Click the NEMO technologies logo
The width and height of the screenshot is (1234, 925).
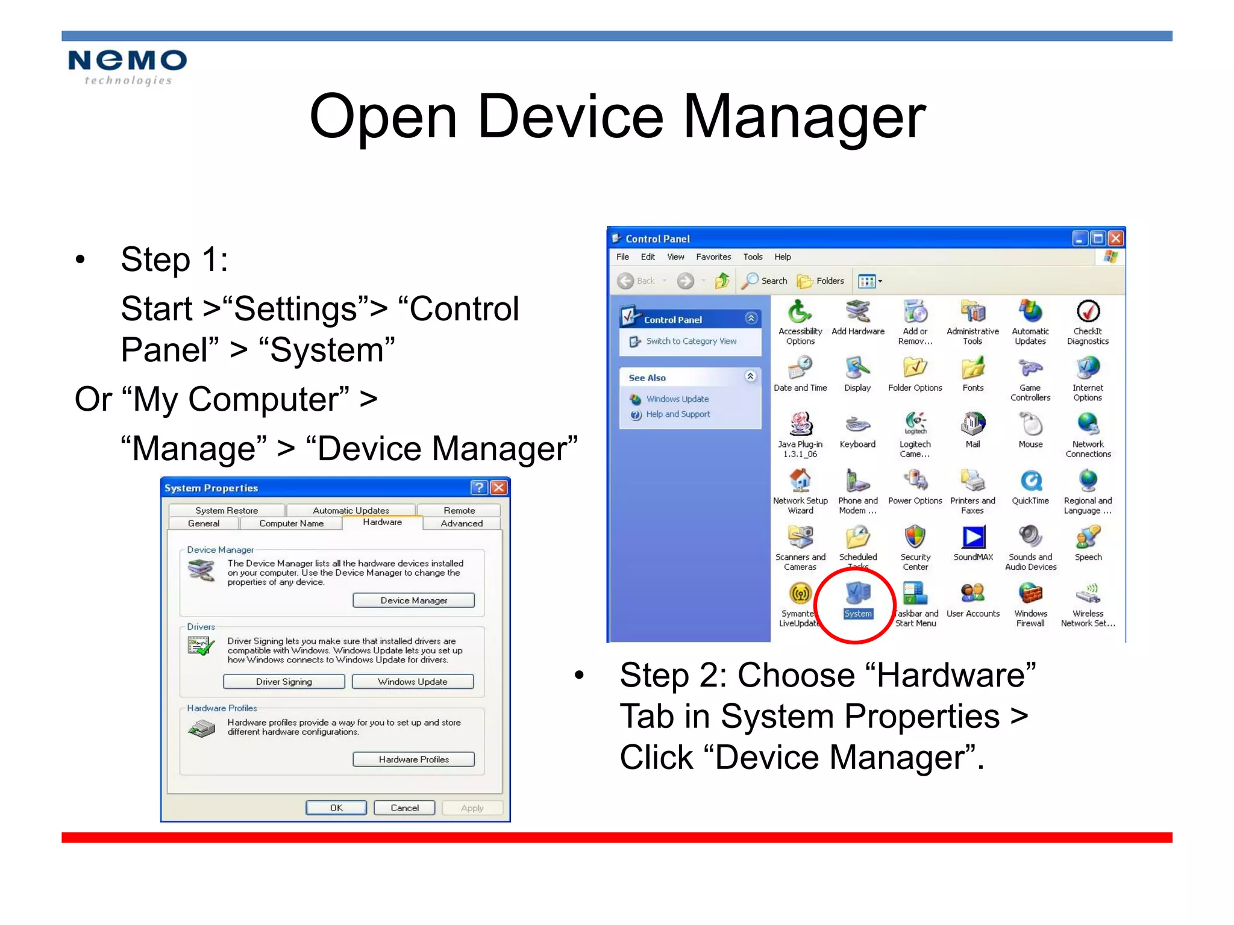click(x=127, y=66)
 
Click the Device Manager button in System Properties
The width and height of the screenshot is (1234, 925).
click(x=413, y=600)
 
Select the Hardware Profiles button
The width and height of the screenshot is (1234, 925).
click(x=413, y=759)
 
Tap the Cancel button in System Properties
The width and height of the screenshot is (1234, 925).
click(x=404, y=808)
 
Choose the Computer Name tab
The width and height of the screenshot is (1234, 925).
click(x=291, y=523)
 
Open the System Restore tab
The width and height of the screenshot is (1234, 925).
click(x=227, y=510)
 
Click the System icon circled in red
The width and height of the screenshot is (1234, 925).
click(x=857, y=594)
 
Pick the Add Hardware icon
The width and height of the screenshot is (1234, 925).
click(x=857, y=313)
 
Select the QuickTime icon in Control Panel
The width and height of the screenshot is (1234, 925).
click(x=1030, y=482)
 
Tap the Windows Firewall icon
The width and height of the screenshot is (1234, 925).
click(x=1030, y=595)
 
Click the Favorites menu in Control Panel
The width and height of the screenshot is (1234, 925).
click(x=713, y=257)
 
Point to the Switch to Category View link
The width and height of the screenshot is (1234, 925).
click(x=691, y=341)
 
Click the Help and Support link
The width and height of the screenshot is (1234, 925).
click(x=678, y=414)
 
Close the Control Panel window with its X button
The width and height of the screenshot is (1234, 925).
click(x=1116, y=238)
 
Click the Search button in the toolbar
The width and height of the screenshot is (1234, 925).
click(x=765, y=281)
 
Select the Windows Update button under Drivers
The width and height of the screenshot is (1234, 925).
click(x=413, y=682)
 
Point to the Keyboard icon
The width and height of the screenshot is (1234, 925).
click(x=857, y=425)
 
